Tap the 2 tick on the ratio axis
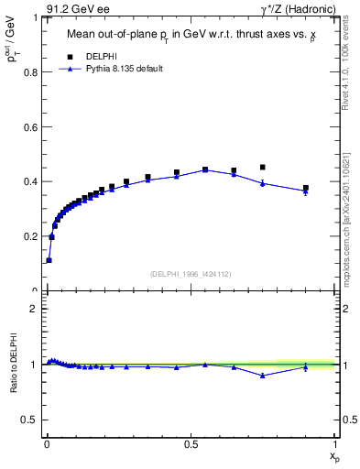tap(37, 309)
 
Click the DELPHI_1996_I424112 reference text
tap(190, 272)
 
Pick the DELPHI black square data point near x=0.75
tap(263, 167)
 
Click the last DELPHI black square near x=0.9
tap(306, 188)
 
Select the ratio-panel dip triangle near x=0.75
tap(263, 376)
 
